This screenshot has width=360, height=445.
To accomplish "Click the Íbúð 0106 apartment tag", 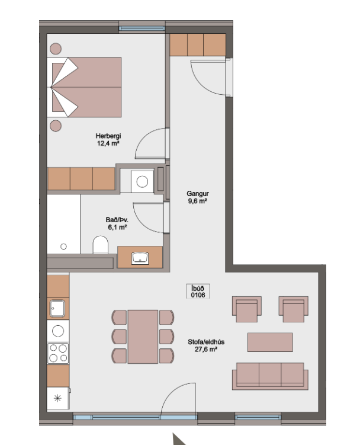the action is pyautogui.click(x=198, y=291).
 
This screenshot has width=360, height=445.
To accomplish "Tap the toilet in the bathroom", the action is pyautogui.click(x=101, y=245).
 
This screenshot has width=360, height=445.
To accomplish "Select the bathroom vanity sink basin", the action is pyautogui.click(x=140, y=258).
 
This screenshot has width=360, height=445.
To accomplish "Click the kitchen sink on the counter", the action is pyautogui.click(x=57, y=308).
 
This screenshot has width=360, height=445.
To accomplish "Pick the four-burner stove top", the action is pyautogui.click(x=58, y=353).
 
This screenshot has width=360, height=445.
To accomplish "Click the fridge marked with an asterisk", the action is pyautogui.click(x=58, y=398).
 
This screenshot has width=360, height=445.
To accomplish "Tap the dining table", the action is pyautogui.click(x=143, y=337).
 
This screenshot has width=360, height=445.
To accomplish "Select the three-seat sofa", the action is pyautogui.click(x=270, y=376).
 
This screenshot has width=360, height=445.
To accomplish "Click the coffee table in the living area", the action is pyautogui.click(x=270, y=342).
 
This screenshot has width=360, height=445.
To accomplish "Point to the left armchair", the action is pyautogui.click(x=247, y=309).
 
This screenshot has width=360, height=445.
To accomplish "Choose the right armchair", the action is pyautogui.click(x=293, y=309).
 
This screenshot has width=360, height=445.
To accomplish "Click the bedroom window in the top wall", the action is pyautogui.click(x=142, y=28).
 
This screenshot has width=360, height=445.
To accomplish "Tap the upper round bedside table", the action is pyautogui.click(x=56, y=49).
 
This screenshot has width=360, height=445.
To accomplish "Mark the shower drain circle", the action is pyautogui.click(x=63, y=246).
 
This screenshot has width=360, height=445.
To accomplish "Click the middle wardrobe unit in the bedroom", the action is pyautogui.click(x=81, y=178).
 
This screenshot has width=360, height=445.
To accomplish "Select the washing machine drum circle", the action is pyautogui.click(x=142, y=181).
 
